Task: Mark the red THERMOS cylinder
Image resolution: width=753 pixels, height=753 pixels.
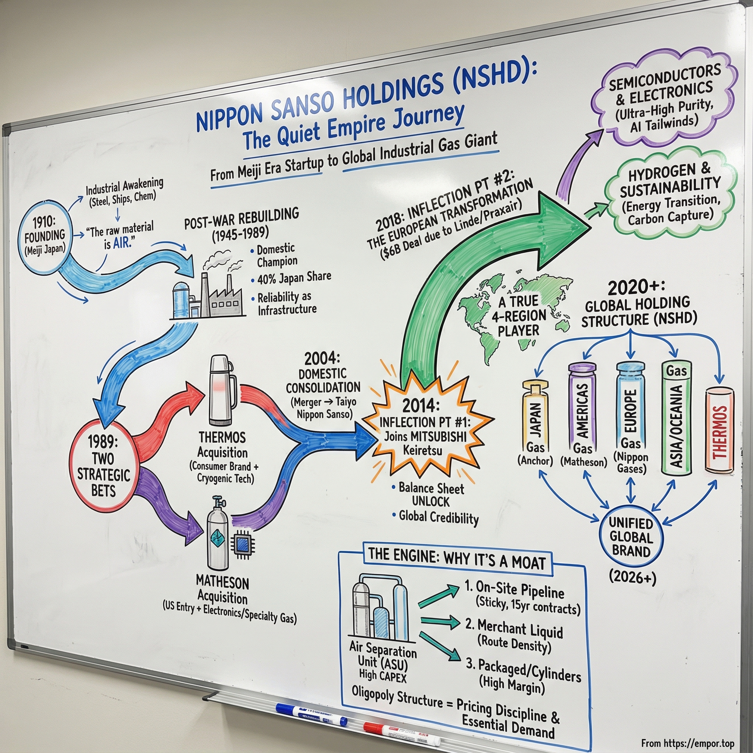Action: (720, 431)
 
